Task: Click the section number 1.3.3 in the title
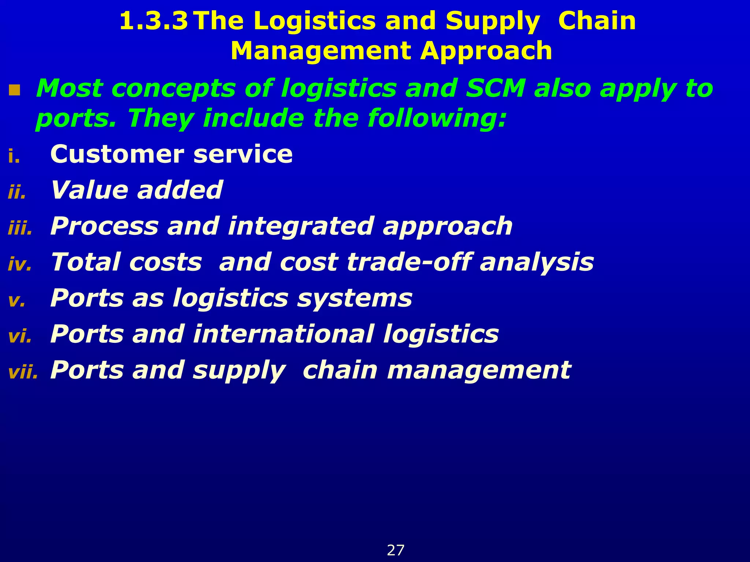[x=154, y=21]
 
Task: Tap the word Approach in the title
[x=486, y=51]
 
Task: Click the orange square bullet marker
[x=15, y=90]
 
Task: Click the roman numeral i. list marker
[x=14, y=156]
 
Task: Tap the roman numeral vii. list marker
[x=23, y=372]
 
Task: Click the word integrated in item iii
[x=301, y=226]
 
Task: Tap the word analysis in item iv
[x=536, y=262]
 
